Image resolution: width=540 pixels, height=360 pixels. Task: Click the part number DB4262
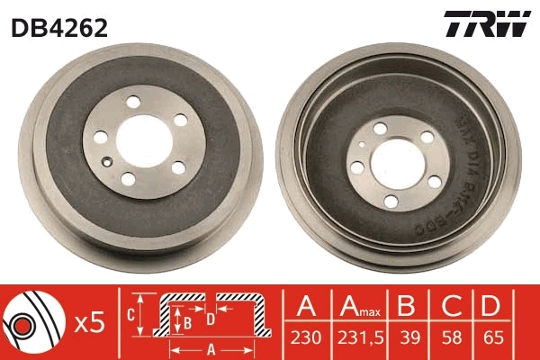[x=59, y=28]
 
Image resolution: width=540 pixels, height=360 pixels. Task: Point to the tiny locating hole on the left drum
[x=107, y=162]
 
